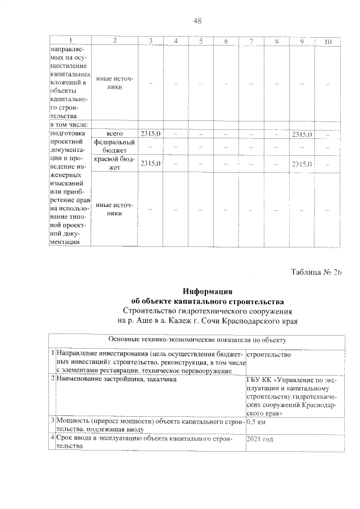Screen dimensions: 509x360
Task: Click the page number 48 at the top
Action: click(x=197, y=21)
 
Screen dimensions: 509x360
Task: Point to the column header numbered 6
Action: click(x=225, y=42)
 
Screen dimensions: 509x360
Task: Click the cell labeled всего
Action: click(x=114, y=134)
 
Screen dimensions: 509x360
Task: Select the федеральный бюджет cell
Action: click(x=114, y=147)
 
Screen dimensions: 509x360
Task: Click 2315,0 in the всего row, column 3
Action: click(x=150, y=134)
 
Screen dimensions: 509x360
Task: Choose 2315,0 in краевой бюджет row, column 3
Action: click(x=150, y=163)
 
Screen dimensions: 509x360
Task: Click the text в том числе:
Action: click(x=70, y=124)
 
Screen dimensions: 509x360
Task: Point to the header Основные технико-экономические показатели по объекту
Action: click(x=197, y=340)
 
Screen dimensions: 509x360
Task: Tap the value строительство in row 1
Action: click(x=269, y=355)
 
